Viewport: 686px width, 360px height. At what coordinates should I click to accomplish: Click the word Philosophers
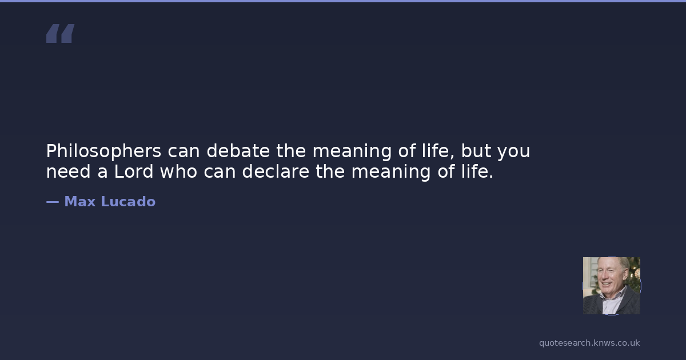[103, 151]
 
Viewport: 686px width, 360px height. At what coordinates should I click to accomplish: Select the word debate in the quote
[238, 151]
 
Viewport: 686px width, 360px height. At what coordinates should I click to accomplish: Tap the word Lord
[134, 171]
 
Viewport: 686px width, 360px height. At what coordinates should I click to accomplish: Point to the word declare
[276, 171]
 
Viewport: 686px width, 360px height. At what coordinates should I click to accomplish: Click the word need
[68, 171]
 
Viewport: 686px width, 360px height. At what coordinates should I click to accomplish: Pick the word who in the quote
[178, 171]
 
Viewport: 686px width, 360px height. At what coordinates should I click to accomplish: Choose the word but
[476, 151]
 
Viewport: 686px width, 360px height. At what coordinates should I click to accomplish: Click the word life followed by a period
[477, 171]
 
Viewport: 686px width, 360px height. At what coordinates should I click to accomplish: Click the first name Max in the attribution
[80, 201]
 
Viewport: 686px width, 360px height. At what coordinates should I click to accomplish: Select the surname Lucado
[128, 201]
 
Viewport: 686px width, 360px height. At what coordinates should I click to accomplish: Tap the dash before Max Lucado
[53, 202]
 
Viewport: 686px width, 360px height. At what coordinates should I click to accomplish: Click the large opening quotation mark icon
[61, 33]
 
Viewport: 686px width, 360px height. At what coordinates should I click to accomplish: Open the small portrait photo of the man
[612, 286]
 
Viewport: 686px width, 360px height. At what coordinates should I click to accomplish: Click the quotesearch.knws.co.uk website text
[589, 343]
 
